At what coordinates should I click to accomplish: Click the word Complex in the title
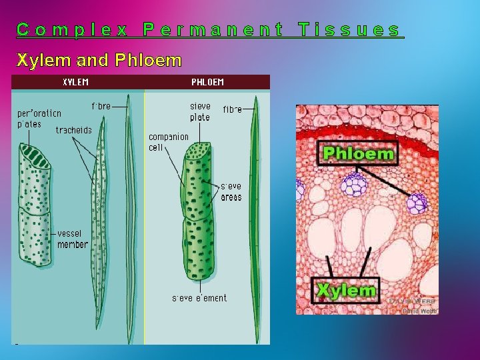pyautogui.click(x=73, y=30)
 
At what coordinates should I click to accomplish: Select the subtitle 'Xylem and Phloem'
pyautogui.click(x=99, y=61)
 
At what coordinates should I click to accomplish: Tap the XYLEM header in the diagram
pyautogui.click(x=75, y=83)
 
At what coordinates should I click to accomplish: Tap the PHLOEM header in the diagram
pyautogui.click(x=207, y=83)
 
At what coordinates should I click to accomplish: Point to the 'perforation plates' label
pyautogui.click(x=39, y=119)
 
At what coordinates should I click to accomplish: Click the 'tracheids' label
pyautogui.click(x=73, y=130)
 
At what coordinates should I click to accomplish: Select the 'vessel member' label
pyautogui.click(x=73, y=239)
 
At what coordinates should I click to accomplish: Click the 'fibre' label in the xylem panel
pyautogui.click(x=101, y=106)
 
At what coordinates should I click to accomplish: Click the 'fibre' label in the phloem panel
pyautogui.click(x=233, y=109)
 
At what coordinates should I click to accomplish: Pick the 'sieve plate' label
pyautogui.click(x=200, y=111)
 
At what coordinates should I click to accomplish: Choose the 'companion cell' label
pyautogui.click(x=168, y=142)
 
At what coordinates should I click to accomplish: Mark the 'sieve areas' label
pyautogui.click(x=231, y=192)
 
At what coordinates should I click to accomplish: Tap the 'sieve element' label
pyautogui.click(x=199, y=298)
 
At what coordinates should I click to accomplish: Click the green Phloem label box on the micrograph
pyautogui.click(x=358, y=153)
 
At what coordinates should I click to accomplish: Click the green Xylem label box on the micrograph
pyautogui.click(x=346, y=290)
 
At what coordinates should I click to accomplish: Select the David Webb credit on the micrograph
pyautogui.click(x=411, y=306)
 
